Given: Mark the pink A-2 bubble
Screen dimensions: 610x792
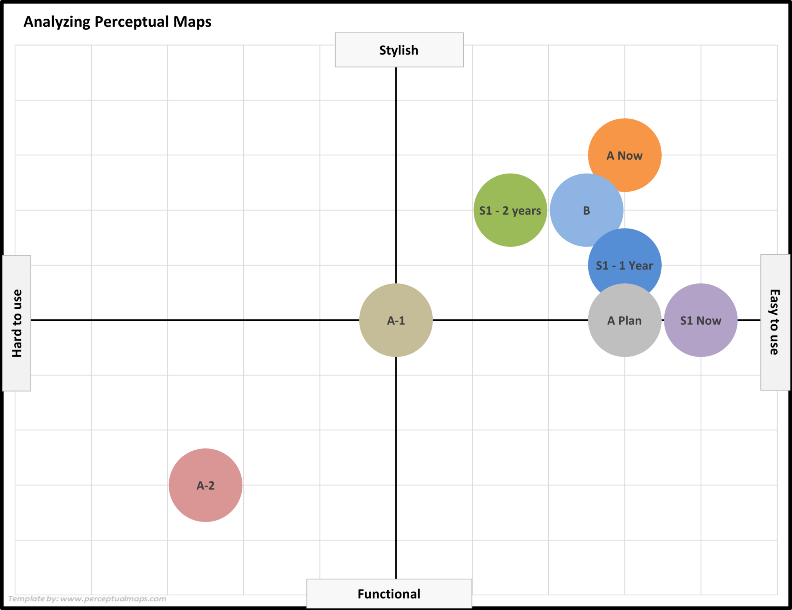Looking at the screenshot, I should coord(205,485).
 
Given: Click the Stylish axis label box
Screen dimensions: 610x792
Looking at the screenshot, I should coord(399,50).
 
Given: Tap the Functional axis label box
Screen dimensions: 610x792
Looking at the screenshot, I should coord(389,594).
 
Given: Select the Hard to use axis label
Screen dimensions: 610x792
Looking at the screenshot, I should coord(17,323).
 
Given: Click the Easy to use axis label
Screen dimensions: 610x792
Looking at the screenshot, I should coord(775,322).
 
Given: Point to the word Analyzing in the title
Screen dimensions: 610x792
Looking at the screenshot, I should coord(57,22).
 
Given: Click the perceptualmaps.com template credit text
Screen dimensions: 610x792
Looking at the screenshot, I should coord(87,599).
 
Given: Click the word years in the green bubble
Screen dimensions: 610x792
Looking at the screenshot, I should coord(526,211).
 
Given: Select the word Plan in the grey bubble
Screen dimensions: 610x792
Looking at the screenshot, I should coord(630,321).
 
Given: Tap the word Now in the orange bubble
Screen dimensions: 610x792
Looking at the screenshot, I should coord(630,156).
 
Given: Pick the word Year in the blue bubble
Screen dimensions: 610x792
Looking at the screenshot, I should coord(641,266).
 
